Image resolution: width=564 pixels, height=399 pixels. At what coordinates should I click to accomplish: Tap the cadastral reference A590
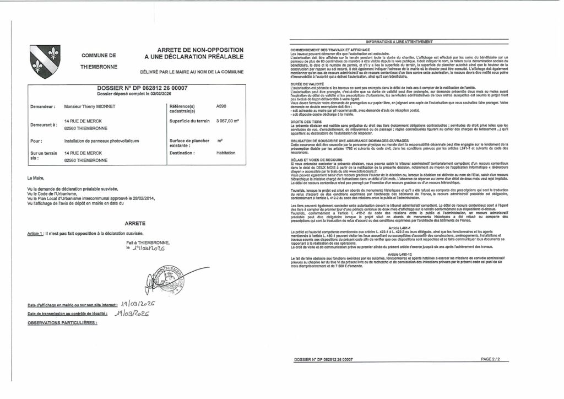tap(221, 106)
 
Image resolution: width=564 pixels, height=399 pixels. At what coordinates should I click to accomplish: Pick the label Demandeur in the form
tap(43, 106)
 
